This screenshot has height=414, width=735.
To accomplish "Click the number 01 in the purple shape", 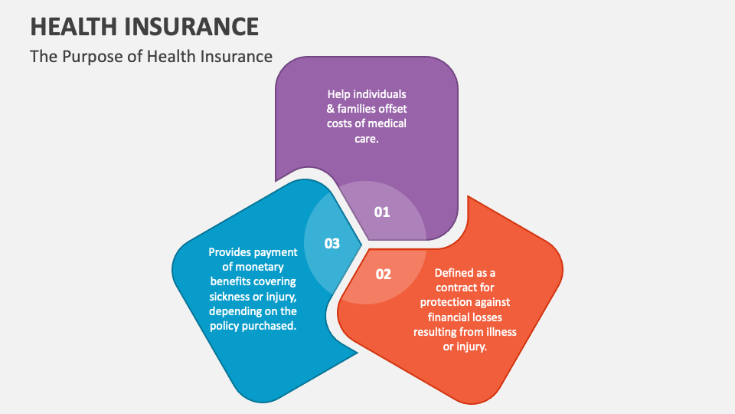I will coord(382,212).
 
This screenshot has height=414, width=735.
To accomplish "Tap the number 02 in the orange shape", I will coord(384,274).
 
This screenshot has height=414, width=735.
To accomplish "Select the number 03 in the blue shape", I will coord(332,244).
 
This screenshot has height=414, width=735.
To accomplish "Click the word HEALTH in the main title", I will coord(71,27).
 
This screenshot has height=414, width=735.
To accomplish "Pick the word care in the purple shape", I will coord(364,138).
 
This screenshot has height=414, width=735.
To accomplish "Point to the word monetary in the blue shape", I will coord(263,267).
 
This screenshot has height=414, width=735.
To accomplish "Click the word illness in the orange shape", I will coord(498,331).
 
